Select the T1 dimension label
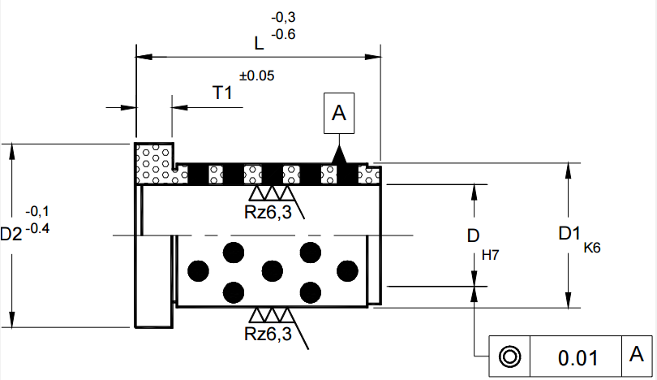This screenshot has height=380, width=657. pyautogui.click(x=222, y=93)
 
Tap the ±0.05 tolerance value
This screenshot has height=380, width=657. pyautogui.click(x=256, y=76)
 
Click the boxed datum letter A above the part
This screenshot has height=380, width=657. pyautogui.click(x=339, y=114)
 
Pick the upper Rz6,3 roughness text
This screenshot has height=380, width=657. pyautogui.click(x=268, y=213)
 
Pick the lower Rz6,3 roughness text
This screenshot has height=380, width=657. pyautogui.click(x=268, y=333)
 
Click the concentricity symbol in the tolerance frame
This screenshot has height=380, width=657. pyautogui.click(x=509, y=356)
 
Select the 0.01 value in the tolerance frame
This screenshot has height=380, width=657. pyautogui.click(x=578, y=358)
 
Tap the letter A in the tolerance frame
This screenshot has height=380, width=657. pyautogui.click(x=637, y=355)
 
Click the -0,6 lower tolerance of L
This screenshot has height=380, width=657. pyautogui.click(x=284, y=34)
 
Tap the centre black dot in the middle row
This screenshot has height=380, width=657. pyautogui.click(x=272, y=270)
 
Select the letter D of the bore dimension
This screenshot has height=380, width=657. pyautogui.click(x=473, y=236)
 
